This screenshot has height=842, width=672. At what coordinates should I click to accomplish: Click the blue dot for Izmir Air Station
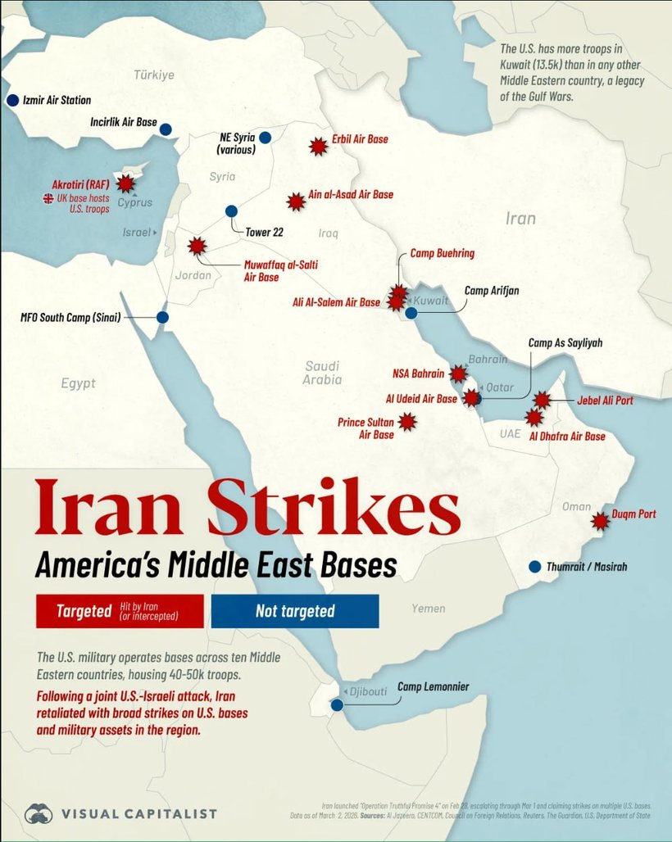click(x=12, y=100)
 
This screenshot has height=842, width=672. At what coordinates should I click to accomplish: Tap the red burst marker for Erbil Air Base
click(x=318, y=146)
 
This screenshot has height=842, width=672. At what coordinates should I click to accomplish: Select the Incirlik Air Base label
click(x=123, y=123)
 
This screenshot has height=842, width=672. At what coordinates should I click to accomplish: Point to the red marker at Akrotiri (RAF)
click(x=125, y=184)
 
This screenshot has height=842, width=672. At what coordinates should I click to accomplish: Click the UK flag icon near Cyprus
click(x=48, y=198)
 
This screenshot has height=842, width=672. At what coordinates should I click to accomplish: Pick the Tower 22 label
click(x=264, y=232)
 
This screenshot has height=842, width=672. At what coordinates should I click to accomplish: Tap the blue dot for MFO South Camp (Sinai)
click(x=162, y=317)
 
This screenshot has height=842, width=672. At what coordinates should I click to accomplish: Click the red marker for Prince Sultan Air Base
click(x=407, y=422)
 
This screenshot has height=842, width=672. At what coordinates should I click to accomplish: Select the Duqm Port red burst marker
click(x=601, y=520)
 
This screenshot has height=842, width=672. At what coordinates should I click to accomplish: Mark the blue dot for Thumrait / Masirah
click(x=535, y=566)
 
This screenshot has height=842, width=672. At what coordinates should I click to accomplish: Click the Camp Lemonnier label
click(x=433, y=686)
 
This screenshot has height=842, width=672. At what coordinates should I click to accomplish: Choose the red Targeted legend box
click(x=120, y=611)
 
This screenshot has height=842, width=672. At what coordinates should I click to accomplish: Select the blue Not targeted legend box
click(x=295, y=611)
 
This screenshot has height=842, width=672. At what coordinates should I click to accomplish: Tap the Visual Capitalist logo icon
click(x=39, y=813)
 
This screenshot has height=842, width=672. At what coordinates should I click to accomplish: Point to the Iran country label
click(x=520, y=218)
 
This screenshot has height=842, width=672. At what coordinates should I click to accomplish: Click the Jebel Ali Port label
click(x=605, y=401)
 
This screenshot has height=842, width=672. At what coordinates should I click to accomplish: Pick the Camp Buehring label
click(x=442, y=254)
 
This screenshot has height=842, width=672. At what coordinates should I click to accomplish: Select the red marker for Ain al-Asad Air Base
click(x=296, y=201)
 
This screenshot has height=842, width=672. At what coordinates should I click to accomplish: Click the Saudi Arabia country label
click(x=321, y=373)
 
